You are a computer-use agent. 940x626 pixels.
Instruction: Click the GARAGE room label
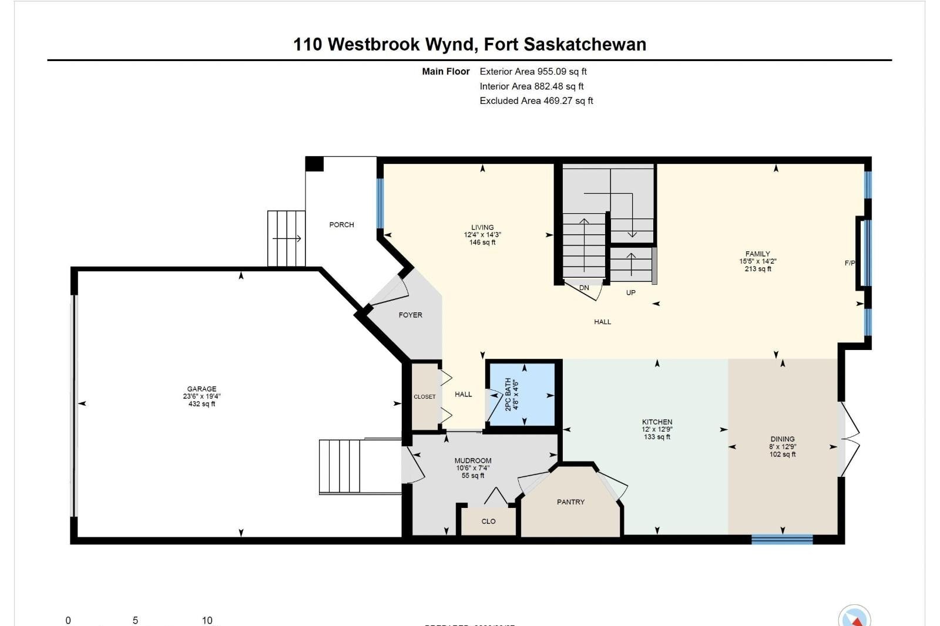[202, 389]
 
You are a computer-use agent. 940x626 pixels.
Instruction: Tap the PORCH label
[341, 224]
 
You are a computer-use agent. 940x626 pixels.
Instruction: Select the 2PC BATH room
[522, 394]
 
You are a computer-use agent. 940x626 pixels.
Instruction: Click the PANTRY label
[570, 502]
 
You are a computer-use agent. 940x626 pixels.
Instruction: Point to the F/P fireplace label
[850, 263]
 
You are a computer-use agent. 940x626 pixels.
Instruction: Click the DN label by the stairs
[584, 288]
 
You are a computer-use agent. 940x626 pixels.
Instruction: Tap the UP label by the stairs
[630, 292]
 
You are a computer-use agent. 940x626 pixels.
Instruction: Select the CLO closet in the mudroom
[488, 521]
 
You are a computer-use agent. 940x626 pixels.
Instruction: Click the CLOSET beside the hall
[424, 396]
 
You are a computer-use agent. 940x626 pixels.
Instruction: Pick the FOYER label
[410, 315]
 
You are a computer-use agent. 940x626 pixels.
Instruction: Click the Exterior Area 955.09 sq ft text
[533, 72]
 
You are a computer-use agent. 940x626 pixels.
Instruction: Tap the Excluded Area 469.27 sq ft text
[536, 100]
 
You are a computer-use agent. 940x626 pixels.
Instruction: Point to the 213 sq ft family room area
[758, 269]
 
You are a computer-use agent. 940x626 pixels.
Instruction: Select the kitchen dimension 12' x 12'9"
[657, 429]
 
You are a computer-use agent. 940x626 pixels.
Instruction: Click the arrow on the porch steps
[287, 238]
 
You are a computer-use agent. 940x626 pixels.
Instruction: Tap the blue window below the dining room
[782, 539]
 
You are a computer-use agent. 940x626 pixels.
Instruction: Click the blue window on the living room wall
[380, 203]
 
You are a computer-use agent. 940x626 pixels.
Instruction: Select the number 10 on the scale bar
[207, 620]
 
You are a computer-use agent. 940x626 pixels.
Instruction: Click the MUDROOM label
[473, 460]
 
